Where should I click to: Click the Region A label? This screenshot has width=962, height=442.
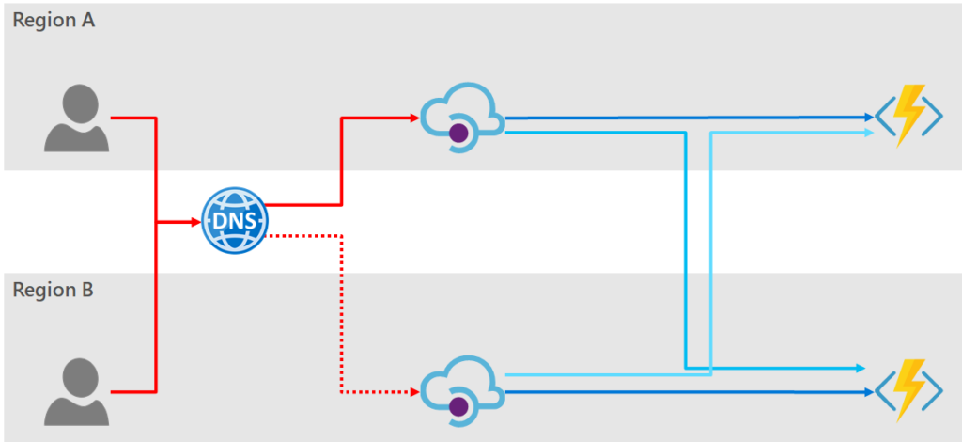(x=54, y=22)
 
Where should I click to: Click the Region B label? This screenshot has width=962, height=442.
(x=53, y=291)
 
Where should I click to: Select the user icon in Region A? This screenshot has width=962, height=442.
(x=76, y=118)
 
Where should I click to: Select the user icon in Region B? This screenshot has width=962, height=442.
(x=76, y=389)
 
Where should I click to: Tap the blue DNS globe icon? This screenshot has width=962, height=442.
(x=235, y=222)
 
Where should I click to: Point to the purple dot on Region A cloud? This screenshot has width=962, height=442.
(x=458, y=134)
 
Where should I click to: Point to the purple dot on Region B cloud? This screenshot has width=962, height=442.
(x=458, y=405)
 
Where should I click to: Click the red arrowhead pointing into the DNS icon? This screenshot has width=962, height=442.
(x=195, y=222)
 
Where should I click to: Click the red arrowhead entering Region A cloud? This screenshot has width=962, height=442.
(x=414, y=118)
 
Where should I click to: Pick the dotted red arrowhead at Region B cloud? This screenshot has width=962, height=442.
(x=414, y=390)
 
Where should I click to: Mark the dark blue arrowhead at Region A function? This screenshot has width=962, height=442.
(x=869, y=118)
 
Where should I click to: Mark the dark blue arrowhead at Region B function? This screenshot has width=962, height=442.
(x=869, y=390)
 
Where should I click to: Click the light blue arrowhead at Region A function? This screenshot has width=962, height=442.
(x=869, y=134)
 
